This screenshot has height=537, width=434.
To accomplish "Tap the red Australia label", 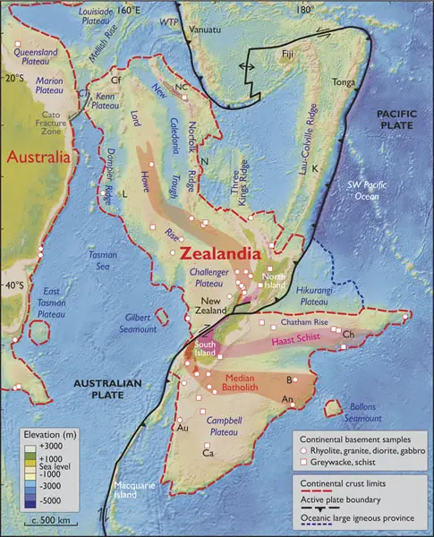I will click(x=38, y=158).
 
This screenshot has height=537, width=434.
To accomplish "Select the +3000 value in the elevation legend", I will click(x=53, y=445).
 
